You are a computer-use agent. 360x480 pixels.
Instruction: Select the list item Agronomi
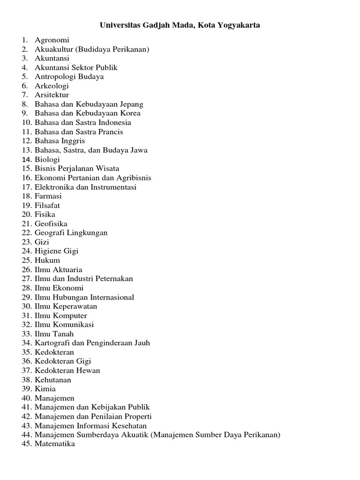coord(52,40)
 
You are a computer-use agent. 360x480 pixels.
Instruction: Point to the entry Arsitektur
coord(52,95)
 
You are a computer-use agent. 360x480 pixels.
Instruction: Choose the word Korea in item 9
coord(130,113)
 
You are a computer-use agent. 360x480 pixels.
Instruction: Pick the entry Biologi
coord(47,159)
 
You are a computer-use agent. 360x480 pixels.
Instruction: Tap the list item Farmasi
coord(48,196)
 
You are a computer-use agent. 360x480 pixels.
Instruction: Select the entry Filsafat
coord(47,205)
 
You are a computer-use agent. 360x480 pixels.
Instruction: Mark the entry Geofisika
coord(51,224)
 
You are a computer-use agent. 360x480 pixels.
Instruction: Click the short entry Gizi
coord(42,242)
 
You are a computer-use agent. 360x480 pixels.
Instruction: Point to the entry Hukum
coord(47,260)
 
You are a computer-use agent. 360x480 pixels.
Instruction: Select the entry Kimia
coord(45,389)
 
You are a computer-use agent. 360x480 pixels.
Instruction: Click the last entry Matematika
coord(55,444)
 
